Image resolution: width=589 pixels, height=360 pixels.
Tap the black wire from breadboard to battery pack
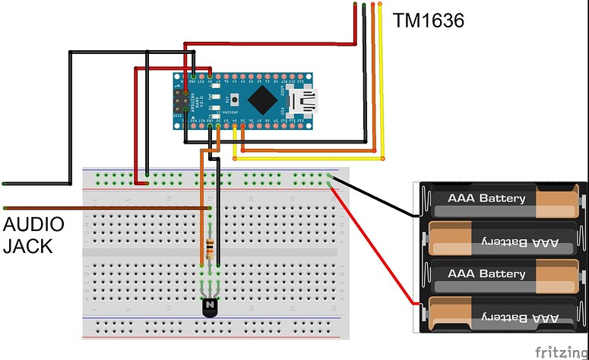372,195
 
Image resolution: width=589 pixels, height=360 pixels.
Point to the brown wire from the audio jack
99,207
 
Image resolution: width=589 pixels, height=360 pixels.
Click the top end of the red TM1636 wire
356,6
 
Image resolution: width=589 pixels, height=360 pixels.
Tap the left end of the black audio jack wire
6,184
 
